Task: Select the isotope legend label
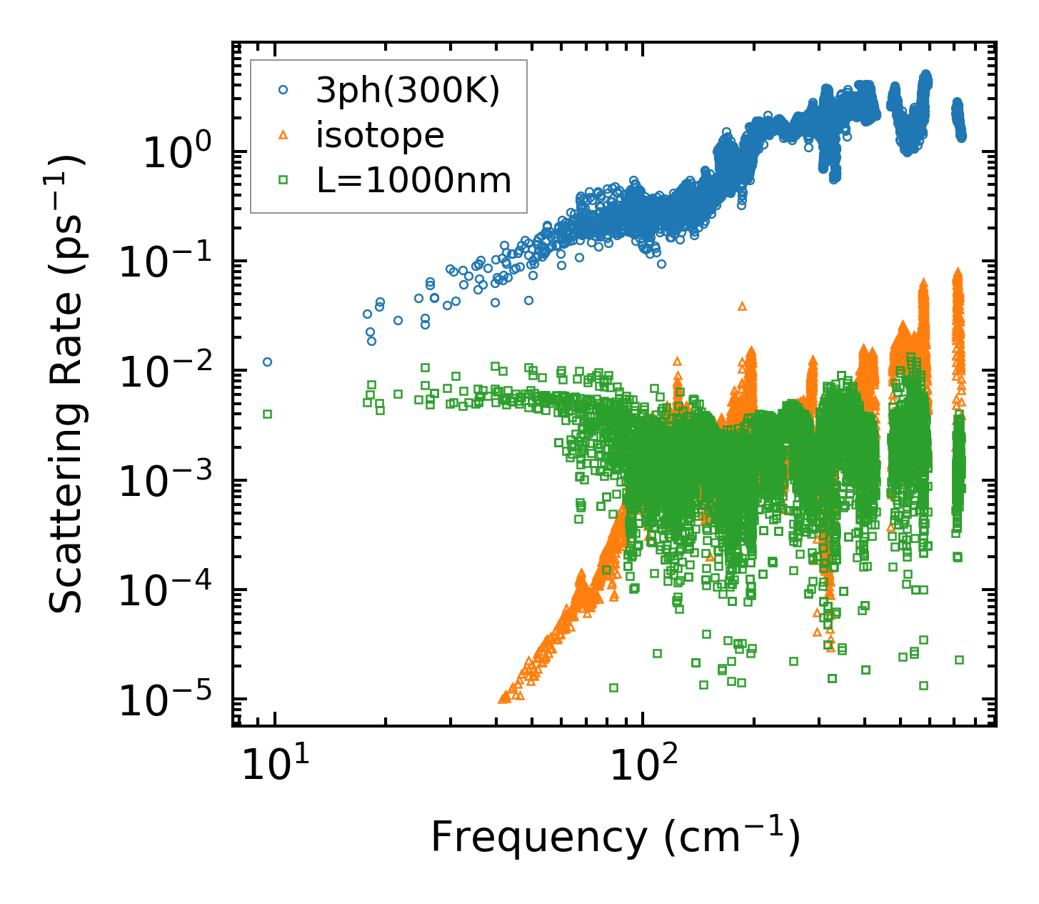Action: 380,135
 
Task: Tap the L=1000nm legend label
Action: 414,181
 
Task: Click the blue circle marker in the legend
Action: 283,90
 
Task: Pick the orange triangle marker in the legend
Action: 283,135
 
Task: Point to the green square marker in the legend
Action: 283,181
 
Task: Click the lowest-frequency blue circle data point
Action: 268,362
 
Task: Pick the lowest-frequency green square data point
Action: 268,414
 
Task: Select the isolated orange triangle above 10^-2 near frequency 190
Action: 742,306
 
